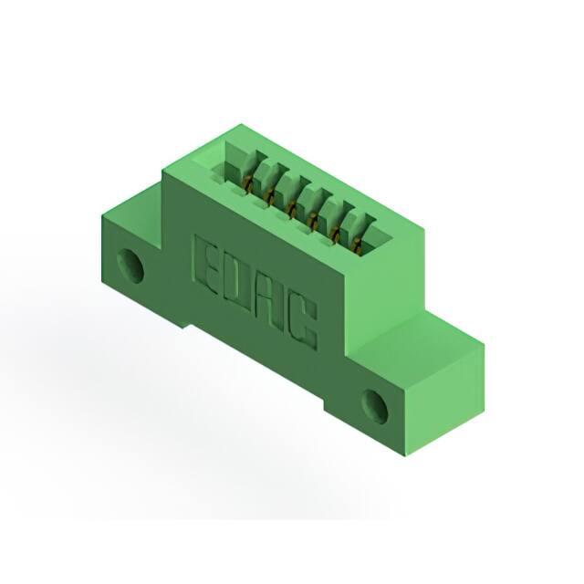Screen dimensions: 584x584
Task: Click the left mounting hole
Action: tap(130, 266)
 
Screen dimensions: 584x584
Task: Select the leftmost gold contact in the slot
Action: tap(247, 184)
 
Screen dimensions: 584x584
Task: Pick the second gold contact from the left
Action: tap(269, 197)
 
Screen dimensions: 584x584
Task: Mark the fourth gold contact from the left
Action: tap(314, 221)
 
